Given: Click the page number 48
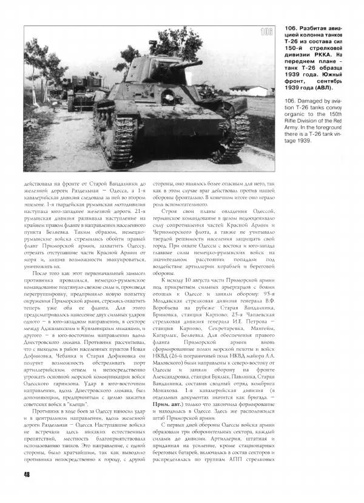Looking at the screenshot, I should (x=19, y=491).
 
